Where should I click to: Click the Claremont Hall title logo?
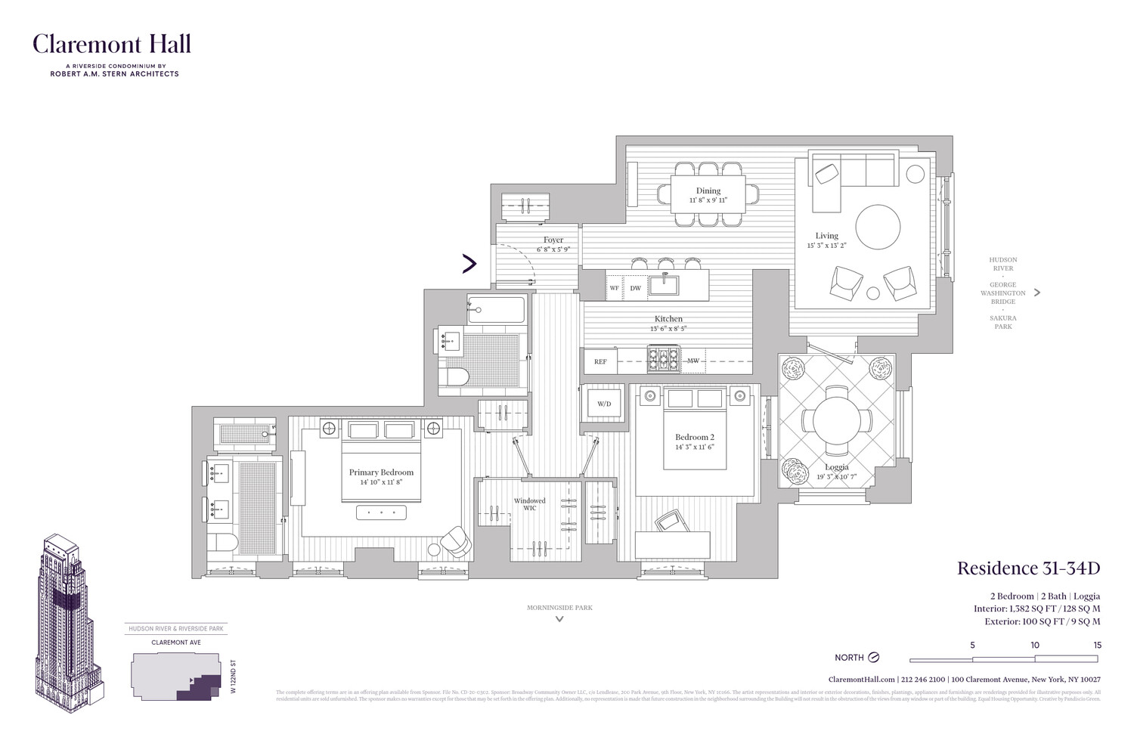[111, 45]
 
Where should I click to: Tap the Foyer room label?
[553, 240]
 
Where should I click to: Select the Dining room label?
[708, 190]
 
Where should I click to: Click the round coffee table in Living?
[878, 227]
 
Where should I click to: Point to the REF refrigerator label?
[600, 361]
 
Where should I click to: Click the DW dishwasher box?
[635, 288]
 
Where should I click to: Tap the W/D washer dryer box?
[604, 404]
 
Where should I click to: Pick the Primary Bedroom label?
[381, 472]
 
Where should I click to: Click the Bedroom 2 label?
[695, 437]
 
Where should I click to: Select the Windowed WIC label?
[530, 504]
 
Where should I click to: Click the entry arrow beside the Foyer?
[469, 263]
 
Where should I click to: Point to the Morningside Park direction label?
[559, 608]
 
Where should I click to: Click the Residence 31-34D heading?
[1028, 568]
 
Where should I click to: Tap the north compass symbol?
[874, 658]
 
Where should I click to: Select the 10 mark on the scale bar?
[1034, 645]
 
